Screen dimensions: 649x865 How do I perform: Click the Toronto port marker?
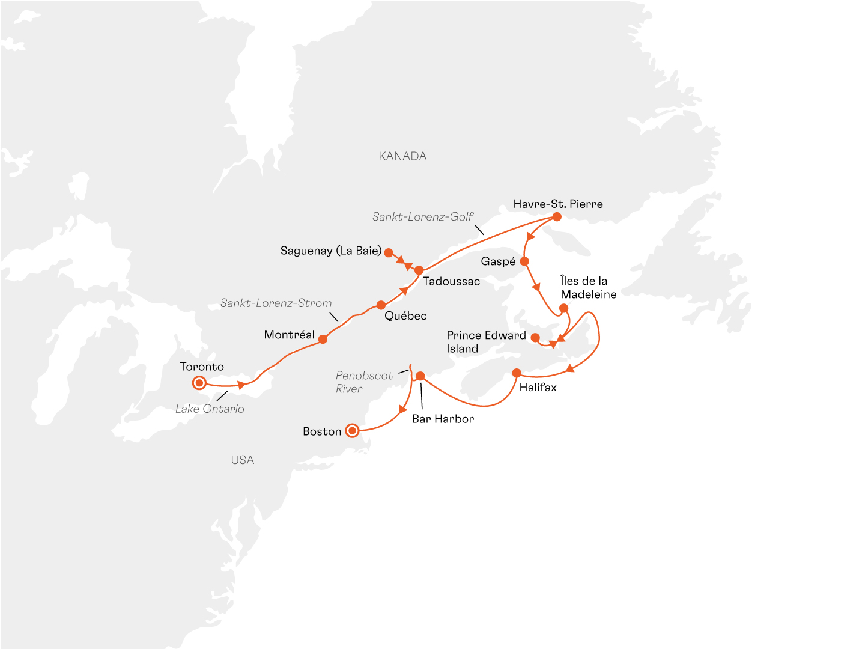click(x=199, y=383)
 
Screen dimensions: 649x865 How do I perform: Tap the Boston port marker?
click(x=352, y=431)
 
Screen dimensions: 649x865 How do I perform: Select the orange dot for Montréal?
click(x=323, y=339)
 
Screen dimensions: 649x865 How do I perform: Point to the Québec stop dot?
click(x=381, y=305)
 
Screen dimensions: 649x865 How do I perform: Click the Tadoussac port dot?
click(x=419, y=270)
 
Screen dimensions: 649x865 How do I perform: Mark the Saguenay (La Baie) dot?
click(x=389, y=253)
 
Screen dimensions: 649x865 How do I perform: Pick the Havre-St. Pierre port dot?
click(x=557, y=217)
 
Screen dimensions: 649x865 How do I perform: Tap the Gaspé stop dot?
click(x=524, y=261)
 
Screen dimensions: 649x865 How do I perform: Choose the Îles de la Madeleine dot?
click(x=563, y=308)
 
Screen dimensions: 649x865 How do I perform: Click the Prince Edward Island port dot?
click(x=535, y=338)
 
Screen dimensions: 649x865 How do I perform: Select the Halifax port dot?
click(x=517, y=373)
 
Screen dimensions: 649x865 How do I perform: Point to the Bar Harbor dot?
click(x=420, y=376)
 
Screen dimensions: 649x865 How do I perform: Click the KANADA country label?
click(x=402, y=156)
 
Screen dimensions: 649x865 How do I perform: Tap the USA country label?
click(x=243, y=460)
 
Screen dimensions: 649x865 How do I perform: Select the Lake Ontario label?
click(x=210, y=409)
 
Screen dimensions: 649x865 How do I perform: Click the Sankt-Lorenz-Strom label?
click(x=276, y=303)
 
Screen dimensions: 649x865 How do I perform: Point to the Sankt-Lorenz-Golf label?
click(x=422, y=216)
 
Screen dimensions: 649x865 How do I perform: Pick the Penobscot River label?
click(x=364, y=382)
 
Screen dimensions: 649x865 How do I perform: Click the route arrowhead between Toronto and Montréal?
click(x=242, y=385)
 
